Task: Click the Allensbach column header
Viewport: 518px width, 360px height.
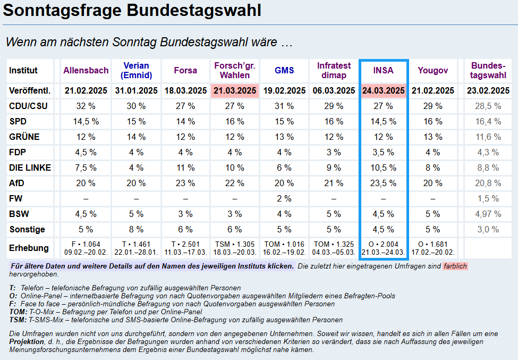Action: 86,70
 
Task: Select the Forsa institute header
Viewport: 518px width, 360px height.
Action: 185,70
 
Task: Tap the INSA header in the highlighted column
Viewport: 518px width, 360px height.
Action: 384,70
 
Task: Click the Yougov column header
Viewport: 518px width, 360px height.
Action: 433,70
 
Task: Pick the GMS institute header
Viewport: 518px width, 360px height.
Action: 284,70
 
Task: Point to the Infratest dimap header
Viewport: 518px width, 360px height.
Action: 334,70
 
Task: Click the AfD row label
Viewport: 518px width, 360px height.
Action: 17,183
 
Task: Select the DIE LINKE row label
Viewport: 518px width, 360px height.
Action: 30,168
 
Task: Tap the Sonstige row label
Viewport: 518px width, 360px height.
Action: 27,229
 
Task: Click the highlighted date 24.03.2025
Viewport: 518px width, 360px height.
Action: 384,91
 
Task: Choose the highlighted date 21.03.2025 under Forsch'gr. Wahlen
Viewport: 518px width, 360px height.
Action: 235,91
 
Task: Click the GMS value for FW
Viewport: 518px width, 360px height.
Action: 284,198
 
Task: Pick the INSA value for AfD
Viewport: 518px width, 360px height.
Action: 384,183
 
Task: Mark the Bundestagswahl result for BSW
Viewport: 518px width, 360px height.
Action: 487,214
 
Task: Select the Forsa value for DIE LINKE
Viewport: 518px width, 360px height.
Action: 185,168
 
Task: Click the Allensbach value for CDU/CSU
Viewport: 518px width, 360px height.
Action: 86,106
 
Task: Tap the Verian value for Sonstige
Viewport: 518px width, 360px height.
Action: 136,229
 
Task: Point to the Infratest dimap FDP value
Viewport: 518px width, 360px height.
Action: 334,152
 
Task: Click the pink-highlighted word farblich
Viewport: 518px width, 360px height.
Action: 455,265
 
